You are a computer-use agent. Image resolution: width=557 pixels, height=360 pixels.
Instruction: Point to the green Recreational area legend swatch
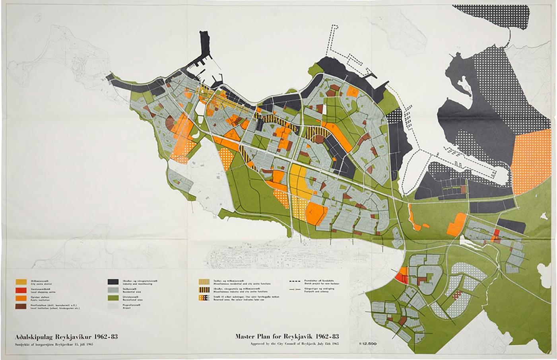[113, 298]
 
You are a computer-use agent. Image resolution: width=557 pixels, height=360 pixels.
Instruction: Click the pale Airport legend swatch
[113, 306]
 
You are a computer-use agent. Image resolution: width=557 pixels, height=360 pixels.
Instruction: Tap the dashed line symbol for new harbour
[296, 282]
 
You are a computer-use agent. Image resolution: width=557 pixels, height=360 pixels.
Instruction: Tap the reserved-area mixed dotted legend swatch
[204, 298]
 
